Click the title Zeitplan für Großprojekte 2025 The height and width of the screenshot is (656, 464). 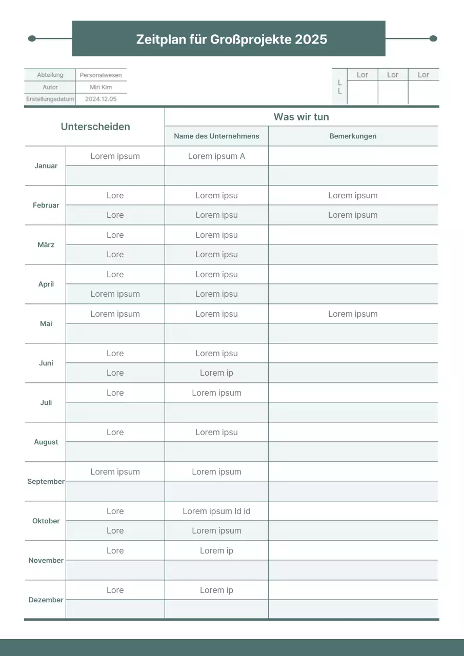231,39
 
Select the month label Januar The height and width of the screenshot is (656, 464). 46,166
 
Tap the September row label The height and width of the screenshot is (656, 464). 46,482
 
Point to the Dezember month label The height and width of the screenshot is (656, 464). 46,600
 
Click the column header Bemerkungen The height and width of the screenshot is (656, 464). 353,136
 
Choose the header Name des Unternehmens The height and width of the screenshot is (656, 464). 216,136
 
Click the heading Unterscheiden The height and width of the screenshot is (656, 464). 95,127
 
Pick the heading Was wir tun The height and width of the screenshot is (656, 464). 301,117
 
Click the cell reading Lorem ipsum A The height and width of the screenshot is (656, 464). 216,156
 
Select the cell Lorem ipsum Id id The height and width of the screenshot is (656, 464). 216,511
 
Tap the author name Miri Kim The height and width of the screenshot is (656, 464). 101,87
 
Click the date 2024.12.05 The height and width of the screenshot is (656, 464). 101,99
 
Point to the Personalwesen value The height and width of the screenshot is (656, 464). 101,75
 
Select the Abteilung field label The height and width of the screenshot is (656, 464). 50,75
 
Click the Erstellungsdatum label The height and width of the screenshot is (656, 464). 50,99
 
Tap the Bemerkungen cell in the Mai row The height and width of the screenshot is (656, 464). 353,314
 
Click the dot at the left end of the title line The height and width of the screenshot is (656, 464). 32,38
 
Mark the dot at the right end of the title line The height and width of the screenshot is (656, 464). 433,38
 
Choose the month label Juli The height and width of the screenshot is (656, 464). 46,403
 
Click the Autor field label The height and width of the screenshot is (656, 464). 50,87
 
